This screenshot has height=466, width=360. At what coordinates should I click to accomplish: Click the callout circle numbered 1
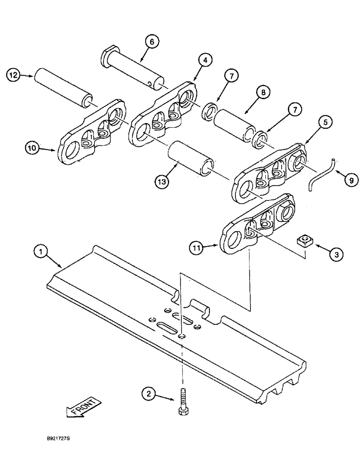[x=42, y=252]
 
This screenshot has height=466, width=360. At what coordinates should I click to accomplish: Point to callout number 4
[x=204, y=59]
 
